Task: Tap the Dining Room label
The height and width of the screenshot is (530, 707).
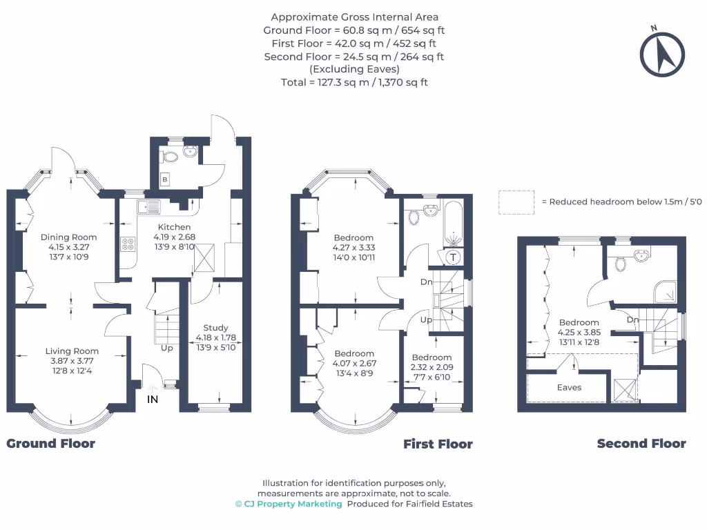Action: (68, 237)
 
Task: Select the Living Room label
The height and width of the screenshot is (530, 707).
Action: (72, 351)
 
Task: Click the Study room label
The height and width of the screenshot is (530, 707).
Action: (215, 328)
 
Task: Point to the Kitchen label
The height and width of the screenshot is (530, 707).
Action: (174, 227)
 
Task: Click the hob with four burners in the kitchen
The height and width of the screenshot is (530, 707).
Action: (128, 244)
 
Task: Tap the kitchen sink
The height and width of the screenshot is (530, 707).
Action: (149, 206)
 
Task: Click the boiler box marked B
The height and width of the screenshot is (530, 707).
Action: (165, 179)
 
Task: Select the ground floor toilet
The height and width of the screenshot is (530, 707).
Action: (170, 157)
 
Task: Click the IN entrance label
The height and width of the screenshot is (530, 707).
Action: (153, 400)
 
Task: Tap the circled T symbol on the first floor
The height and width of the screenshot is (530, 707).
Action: (453, 257)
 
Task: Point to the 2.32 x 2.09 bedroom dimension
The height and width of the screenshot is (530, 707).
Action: (432, 367)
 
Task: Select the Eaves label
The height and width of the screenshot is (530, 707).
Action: (569, 388)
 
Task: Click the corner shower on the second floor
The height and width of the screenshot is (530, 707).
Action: (665, 292)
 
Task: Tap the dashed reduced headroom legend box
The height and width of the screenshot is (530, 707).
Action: (516, 202)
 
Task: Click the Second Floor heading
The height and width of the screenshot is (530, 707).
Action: (641, 444)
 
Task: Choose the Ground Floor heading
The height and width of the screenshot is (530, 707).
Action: (50, 444)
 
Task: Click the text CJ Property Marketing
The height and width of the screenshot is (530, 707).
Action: (293, 504)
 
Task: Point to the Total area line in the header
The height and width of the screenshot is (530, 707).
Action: (354, 83)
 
